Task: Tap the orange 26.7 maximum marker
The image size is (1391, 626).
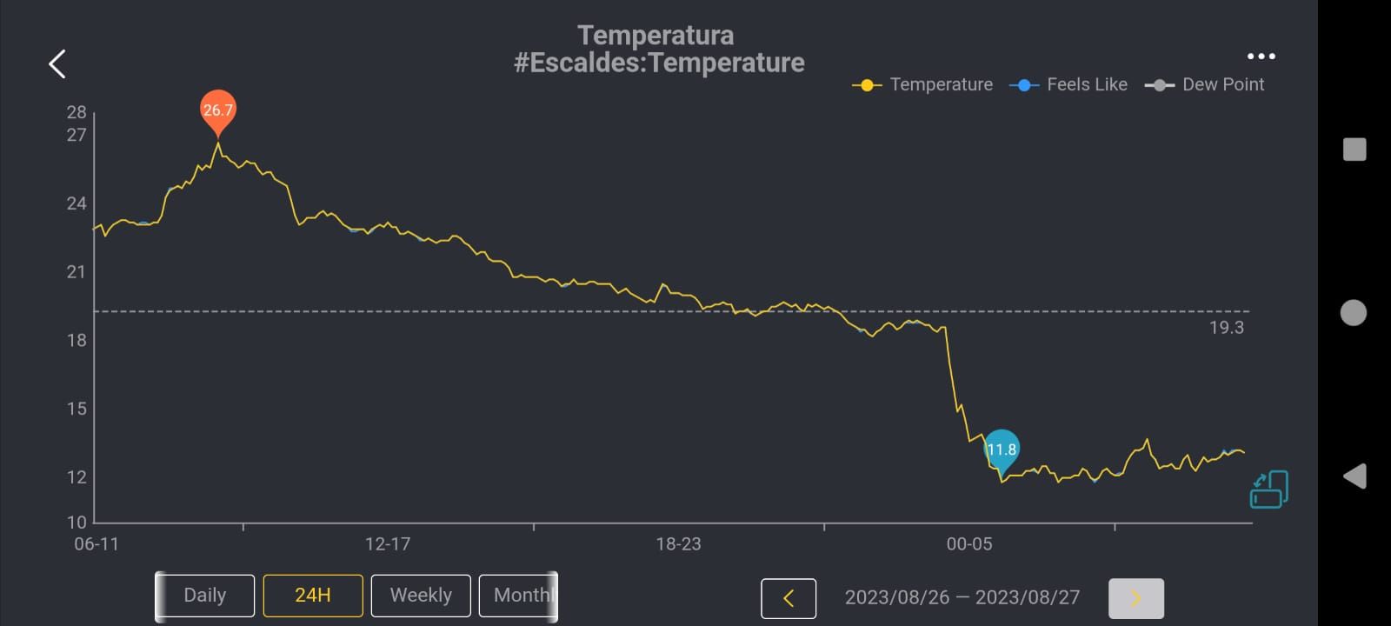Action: pyautogui.click(x=217, y=110)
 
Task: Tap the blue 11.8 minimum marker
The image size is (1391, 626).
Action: pyautogui.click(x=1002, y=450)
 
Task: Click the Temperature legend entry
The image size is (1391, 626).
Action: pyautogui.click(x=923, y=84)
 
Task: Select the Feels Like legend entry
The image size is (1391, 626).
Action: pyautogui.click(x=1069, y=84)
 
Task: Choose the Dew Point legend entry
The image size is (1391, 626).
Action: pyautogui.click(x=1205, y=84)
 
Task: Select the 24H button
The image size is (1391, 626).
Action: pyautogui.click(x=313, y=596)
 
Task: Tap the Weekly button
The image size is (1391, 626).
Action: pyautogui.click(x=421, y=596)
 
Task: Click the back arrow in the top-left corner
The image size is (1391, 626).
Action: pyautogui.click(x=57, y=63)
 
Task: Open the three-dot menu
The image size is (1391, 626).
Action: pyautogui.click(x=1261, y=57)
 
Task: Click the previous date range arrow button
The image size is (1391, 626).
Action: pyautogui.click(x=789, y=598)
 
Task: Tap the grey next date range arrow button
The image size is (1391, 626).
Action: pyautogui.click(x=1135, y=598)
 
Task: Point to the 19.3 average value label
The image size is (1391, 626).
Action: pyautogui.click(x=1226, y=328)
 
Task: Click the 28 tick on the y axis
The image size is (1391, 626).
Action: pyautogui.click(x=77, y=112)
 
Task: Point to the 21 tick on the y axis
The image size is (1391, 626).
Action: pyautogui.click(x=77, y=272)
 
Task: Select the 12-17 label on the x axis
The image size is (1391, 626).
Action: pyautogui.click(x=388, y=544)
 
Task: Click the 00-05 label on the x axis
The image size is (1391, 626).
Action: pyautogui.click(x=969, y=544)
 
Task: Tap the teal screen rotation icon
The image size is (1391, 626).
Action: pyautogui.click(x=1269, y=489)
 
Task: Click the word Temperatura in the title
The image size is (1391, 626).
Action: pyautogui.click(x=656, y=36)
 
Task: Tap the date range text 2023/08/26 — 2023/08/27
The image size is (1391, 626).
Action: pyautogui.click(x=962, y=598)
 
